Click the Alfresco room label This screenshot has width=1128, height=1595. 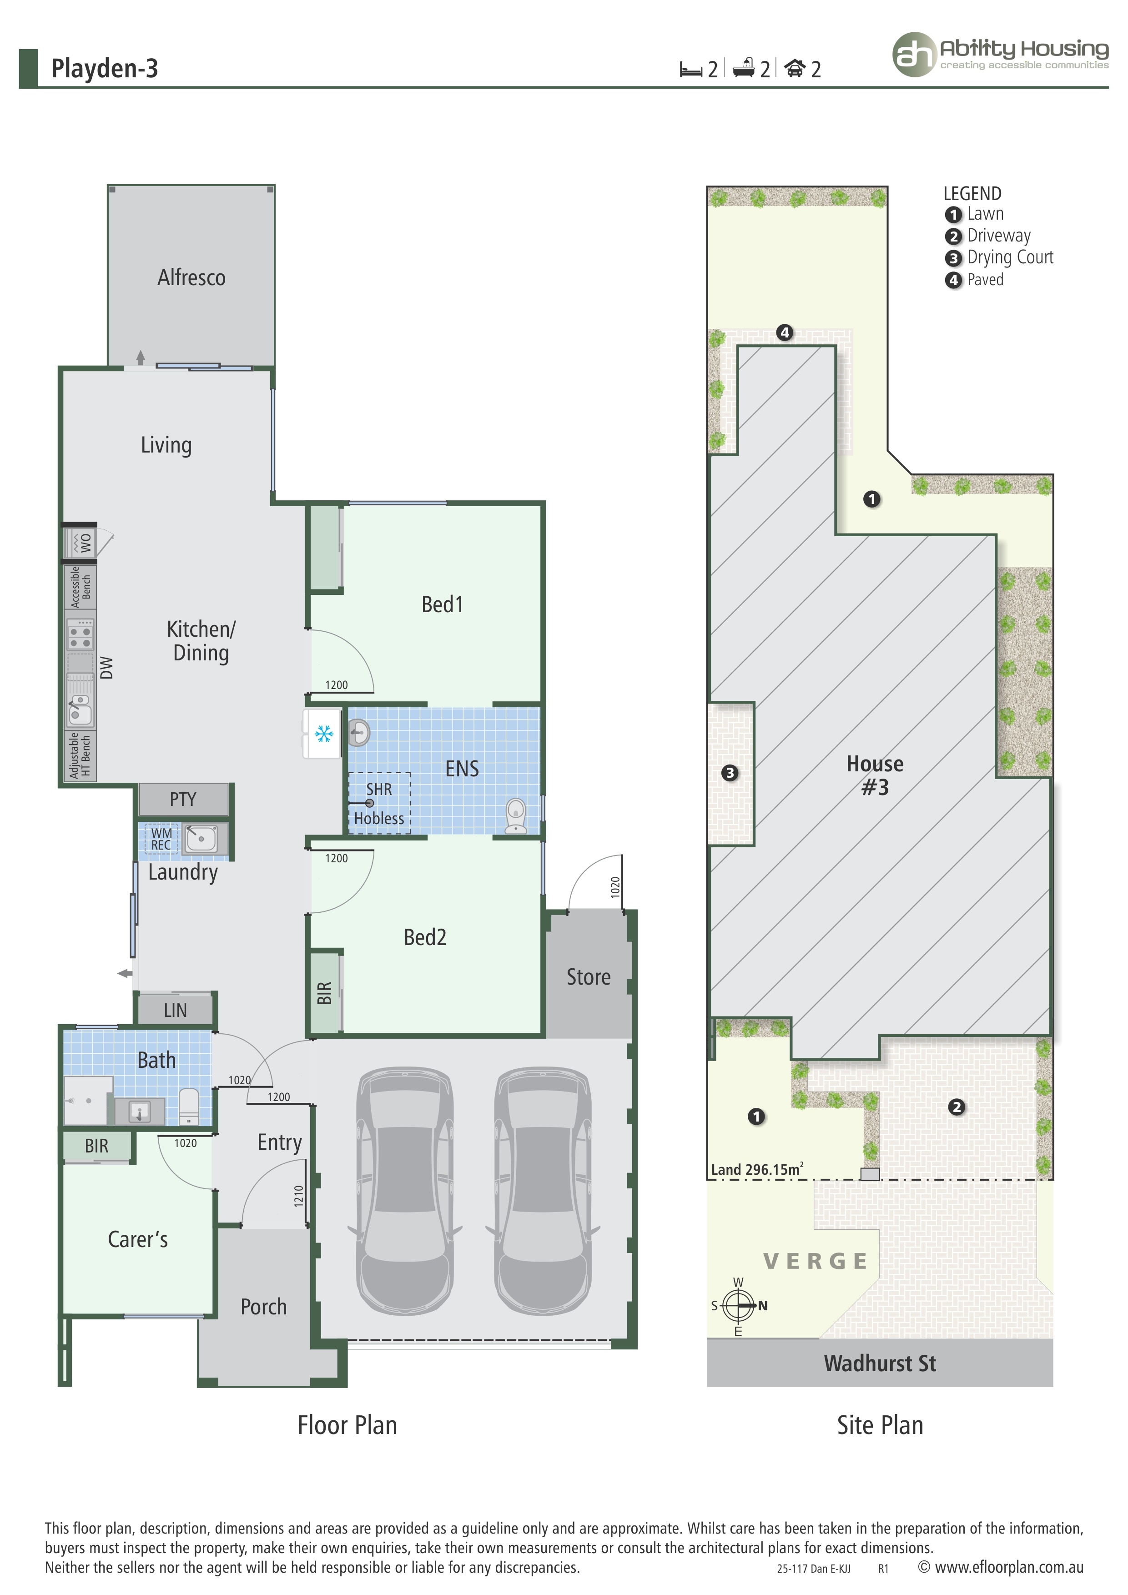(x=191, y=278)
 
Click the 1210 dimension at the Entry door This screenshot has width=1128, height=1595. (x=299, y=1196)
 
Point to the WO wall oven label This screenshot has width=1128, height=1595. (x=86, y=543)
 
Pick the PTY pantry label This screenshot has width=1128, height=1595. (x=183, y=799)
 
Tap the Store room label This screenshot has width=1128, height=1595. (x=588, y=977)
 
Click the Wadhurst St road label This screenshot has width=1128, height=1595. (x=879, y=1363)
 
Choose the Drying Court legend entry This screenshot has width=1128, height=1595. (x=1009, y=258)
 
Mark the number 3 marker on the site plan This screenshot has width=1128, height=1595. (x=729, y=773)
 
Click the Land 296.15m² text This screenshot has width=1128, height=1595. (x=757, y=1169)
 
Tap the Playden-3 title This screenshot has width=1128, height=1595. (x=104, y=69)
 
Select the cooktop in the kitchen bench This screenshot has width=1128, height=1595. (x=80, y=635)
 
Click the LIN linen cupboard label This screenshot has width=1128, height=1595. (x=175, y=1010)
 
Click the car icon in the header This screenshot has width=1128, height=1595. (x=795, y=68)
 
